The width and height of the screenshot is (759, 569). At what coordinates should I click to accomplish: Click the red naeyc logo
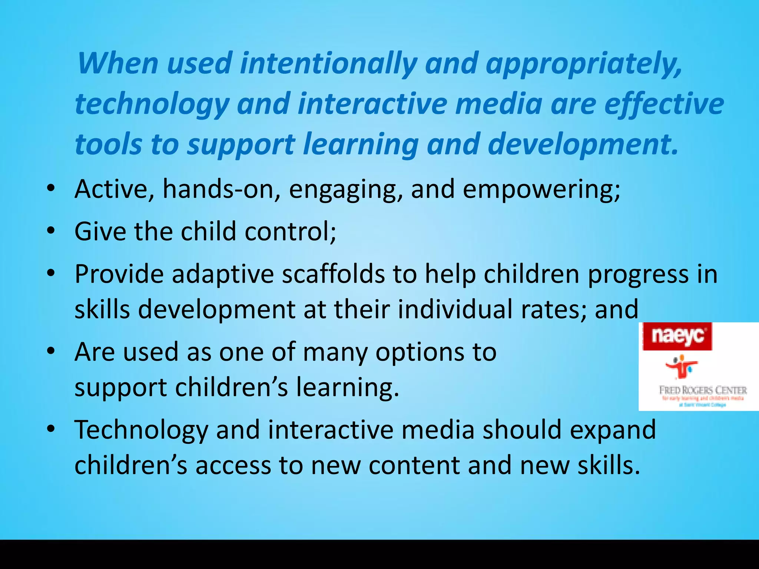point(677,336)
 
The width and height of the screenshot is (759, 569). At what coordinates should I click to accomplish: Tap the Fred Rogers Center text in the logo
point(703,390)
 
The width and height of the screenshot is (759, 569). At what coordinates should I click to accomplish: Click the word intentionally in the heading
point(328,64)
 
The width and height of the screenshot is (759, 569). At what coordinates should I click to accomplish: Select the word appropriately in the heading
point(583,64)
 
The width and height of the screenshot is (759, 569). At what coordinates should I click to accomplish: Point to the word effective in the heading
point(664,104)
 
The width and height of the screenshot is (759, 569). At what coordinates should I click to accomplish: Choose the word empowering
point(541,190)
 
